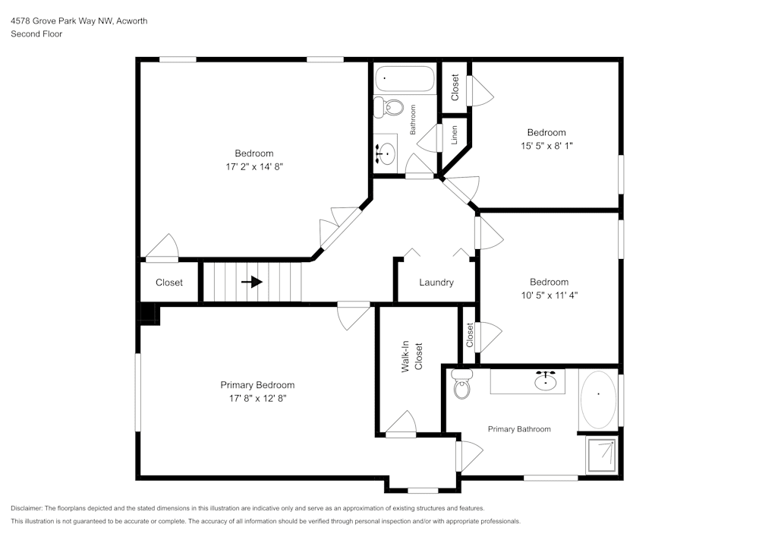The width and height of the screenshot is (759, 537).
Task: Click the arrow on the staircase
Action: pyautogui.click(x=252, y=282)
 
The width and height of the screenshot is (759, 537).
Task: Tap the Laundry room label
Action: pyautogui.click(x=436, y=283)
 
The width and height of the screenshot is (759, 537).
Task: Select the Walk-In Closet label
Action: pyautogui.click(x=412, y=357)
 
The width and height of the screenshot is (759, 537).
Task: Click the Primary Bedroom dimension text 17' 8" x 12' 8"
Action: pyautogui.click(x=257, y=397)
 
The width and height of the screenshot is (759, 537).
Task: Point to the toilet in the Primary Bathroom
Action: pyautogui.click(x=461, y=386)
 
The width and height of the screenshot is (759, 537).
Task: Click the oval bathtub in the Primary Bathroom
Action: pyautogui.click(x=599, y=399)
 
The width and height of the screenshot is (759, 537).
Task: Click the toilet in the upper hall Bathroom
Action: pyautogui.click(x=390, y=106)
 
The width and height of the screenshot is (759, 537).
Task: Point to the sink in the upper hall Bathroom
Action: pyautogui.click(x=386, y=153)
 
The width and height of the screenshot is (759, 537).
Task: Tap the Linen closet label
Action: pyautogui.click(x=455, y=134)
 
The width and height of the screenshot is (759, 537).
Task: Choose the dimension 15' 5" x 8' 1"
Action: pyautogui.click(x=546, y=145)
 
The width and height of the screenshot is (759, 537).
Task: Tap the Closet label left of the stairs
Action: pyautogui.click(x=169, y=283)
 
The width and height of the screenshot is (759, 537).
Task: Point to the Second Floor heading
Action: pyautogui.click(x=36, y=34)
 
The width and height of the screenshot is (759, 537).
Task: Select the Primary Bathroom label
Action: pyautogui.click(x=519, y=429)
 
